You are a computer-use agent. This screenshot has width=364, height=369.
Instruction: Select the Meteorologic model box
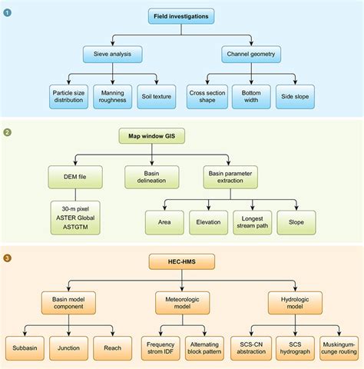pyautogui.click(x=181, y=302)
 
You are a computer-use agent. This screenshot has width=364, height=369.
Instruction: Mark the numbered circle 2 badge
pyautogui.click(x=8, y=132)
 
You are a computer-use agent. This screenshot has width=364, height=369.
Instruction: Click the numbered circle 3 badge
pyautogui.click(x=8, y=258)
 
